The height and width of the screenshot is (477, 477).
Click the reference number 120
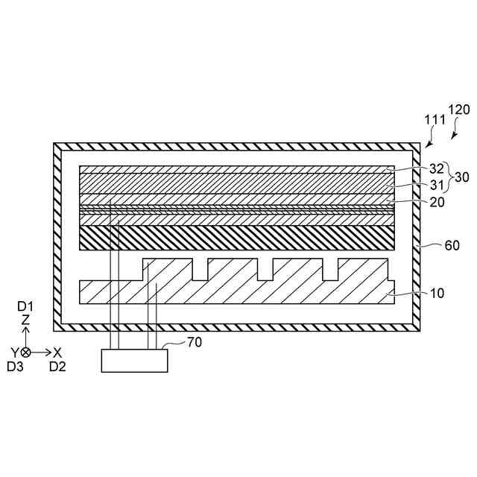(458, 110)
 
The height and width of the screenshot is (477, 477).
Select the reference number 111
(435, 119)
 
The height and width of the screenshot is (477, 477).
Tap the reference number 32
(437, 168)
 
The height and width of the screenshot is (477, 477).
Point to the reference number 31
(437, 185)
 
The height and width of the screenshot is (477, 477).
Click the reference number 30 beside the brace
(462, 177)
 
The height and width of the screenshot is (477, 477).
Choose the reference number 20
(437, 201)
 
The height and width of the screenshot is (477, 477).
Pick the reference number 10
(437, 293)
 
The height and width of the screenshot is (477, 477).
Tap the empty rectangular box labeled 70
(135, 361)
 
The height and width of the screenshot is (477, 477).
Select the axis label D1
(26, 306)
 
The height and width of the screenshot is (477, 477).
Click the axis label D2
(57, 366)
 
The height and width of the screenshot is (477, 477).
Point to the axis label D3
(15, 366)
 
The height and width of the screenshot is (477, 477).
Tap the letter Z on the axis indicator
(26, 320)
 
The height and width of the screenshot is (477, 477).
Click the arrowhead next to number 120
(455, 135)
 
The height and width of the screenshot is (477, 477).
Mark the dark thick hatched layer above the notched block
(236, 238)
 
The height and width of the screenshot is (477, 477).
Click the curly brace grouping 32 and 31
(449, 177)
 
